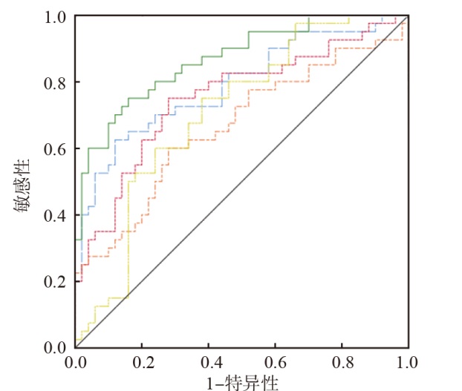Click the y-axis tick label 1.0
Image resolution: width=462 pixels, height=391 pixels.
tap(55, 16)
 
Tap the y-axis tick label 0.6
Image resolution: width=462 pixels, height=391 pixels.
tap(55, 148)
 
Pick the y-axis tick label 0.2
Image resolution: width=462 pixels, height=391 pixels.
tap(55, 281)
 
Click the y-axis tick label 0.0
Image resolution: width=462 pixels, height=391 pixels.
tap(55, 347)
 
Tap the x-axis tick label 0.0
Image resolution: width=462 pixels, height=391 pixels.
tap(76, 364)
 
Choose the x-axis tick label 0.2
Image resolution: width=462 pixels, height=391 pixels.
tap(142, 364)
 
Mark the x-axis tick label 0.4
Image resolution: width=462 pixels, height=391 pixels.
tap(208, 364)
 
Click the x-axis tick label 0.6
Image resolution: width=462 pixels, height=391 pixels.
tap(275, 364)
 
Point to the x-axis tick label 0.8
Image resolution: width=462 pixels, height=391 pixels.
tap(341, 364)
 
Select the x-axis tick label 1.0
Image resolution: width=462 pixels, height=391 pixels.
tap(407, 364)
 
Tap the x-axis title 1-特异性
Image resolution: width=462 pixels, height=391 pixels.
tap(241, 381)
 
